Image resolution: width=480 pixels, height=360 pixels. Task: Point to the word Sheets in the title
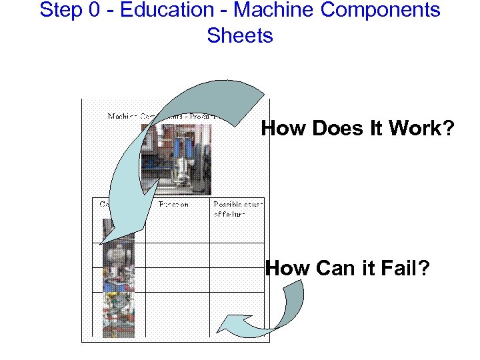pyautogui.click(x=240, y=35)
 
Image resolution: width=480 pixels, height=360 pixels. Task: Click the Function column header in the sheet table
pyautogui.click(x=173, y=204)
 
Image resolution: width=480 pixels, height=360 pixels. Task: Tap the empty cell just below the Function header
pyautogui.click(x=177, y=231)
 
